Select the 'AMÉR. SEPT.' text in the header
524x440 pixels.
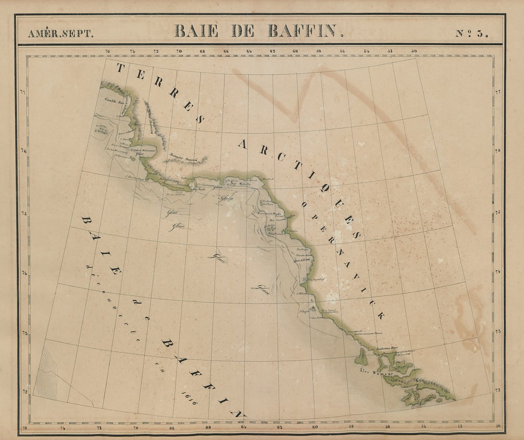coord(60,34)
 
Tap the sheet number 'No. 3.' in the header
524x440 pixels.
coord(471,33)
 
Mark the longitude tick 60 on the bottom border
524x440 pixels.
coord(314,427)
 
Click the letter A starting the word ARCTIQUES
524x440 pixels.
coord(242,144)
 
